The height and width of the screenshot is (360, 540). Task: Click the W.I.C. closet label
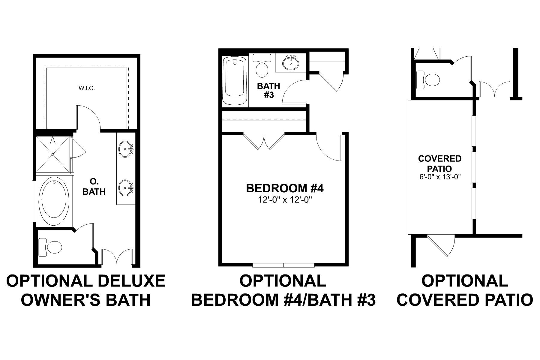[87, 88]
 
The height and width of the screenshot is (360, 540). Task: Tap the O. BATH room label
[94, 187]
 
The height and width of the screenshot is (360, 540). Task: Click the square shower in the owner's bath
[53, 154]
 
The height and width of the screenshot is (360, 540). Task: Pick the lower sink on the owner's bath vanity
[125, 188]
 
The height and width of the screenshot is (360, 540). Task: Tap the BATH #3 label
[268, 90]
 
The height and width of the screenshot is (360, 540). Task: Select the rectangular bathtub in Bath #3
[235, 81]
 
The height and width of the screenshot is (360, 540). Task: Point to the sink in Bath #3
[291, 63]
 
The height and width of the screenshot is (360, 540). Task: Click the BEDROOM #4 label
[285, 188]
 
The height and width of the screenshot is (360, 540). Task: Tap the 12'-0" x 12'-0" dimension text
[285, 199]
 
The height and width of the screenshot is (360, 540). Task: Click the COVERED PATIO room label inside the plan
[439, 163]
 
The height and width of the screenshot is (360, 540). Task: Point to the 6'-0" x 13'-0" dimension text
[439, 177]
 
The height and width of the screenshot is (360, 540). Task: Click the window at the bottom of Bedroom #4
[283, 265]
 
